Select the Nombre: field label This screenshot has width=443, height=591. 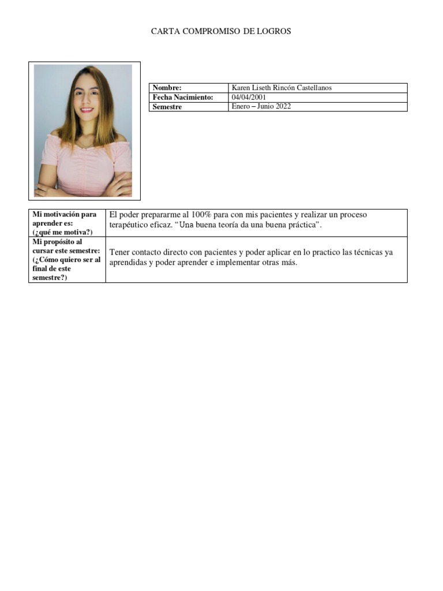(167, 88)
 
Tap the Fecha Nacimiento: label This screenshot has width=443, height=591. (183, 97)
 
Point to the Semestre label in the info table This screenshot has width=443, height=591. (167, 107)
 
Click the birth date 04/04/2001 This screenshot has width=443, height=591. (249, 97)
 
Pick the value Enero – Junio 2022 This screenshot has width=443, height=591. (261, 107)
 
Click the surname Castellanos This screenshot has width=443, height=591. (312, 88)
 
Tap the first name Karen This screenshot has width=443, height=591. (241, 88)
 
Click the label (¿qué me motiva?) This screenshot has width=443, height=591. (62, 232)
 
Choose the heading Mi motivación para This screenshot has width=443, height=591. (65, 214)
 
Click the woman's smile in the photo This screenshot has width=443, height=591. (87, 109)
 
